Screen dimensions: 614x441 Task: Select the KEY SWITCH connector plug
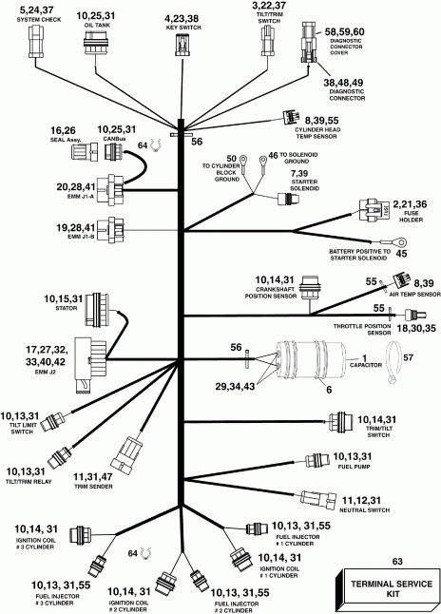pos(181,47)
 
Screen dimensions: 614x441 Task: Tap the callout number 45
pos(401,254)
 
